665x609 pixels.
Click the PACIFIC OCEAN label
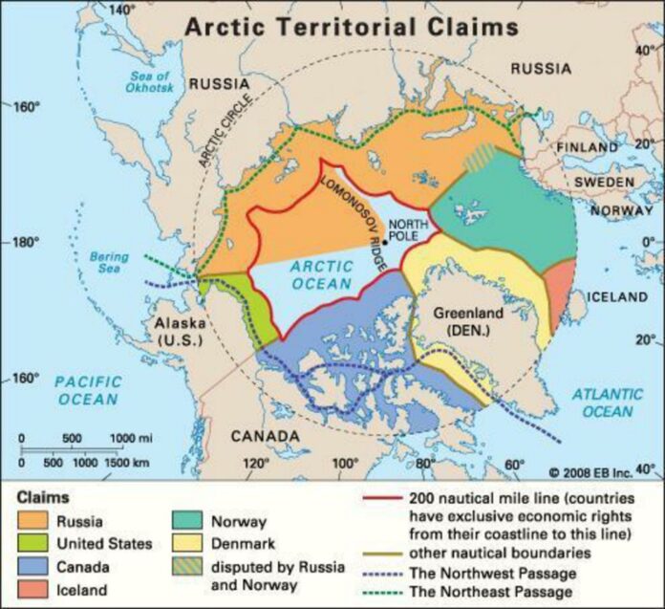click(88, 390)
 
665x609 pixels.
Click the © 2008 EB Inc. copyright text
click(590, 472)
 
